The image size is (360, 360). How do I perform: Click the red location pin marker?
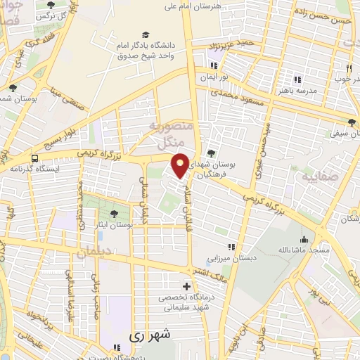click(180, 165)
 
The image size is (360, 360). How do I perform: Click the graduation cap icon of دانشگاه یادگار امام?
click(146, 34)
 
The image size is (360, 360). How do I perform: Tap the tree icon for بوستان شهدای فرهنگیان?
click(212, 153)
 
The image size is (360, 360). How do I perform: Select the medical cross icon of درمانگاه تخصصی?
click(186, 286)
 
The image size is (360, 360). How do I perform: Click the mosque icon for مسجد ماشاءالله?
click(303, 239)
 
